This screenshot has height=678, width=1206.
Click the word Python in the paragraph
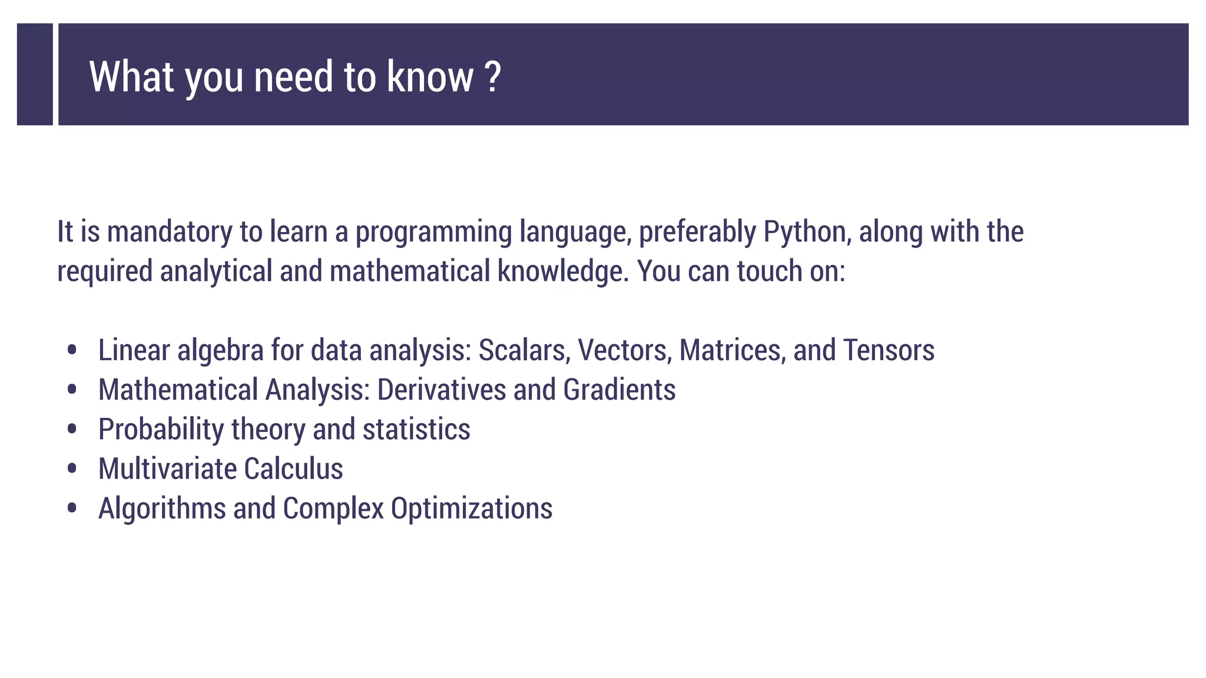[x=807, y=232]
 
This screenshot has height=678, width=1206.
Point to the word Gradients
[x=619, y=390]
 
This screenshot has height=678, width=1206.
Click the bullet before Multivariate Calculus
[x=72, y=469]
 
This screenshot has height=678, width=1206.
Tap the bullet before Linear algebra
[x=72, y=350]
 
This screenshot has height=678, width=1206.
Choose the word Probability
[x=161, y=430]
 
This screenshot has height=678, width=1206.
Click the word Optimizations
[x=471, y=508]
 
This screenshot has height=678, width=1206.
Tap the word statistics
[x=416, y=430]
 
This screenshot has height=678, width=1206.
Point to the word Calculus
[x=293, y=469]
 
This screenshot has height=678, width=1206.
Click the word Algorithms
[x=162, y=508]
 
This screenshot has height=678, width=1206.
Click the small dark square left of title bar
[x=35, y=74]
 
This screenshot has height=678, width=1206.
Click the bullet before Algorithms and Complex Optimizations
[x=72, y=508]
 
